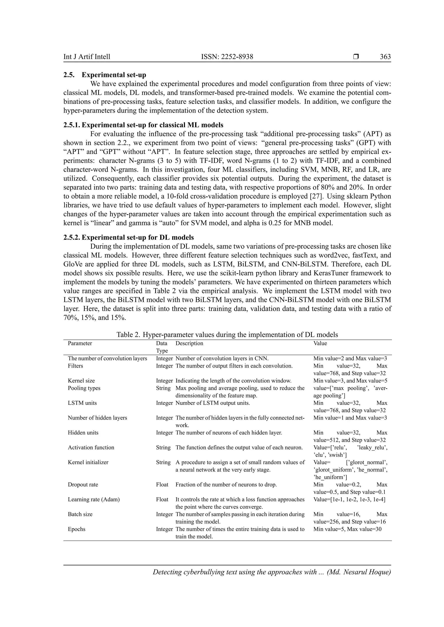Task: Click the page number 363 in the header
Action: click(x=385, y=57)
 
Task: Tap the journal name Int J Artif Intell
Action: click(x=87, y=57)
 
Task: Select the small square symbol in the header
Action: click(x=356, y=57)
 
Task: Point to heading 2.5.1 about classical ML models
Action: click(x=143, y=125)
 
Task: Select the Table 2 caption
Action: click(x=227, y=335)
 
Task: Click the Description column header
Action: click(x=189, y=343)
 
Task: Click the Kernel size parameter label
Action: click(x=81, y=381)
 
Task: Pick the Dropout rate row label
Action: click(x=83, y=485)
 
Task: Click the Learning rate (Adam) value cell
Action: click(x=349, y=499)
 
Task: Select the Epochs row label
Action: click(x=77, y=529)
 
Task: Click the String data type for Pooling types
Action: click(x=163, y=388)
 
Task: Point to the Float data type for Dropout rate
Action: click(x=162, y=485)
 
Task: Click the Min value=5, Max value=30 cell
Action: click(x=347, y=529)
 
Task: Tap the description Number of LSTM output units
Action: click(x=212, y=403)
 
